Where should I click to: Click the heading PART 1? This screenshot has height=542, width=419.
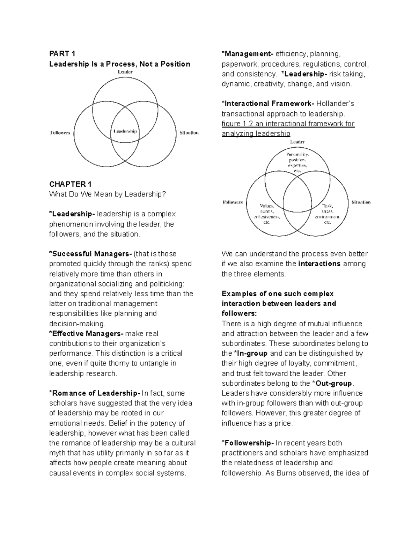[62, 54]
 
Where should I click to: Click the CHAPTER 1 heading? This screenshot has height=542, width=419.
[70, 184]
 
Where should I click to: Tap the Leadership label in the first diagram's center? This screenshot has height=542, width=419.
[125, 132]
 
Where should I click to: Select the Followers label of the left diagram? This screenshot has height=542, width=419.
[60, 133]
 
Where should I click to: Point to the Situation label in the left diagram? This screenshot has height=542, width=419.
[189, 133]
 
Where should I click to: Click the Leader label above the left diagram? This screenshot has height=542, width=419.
[125, 72]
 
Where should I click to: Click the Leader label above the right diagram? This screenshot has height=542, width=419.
[297, 142]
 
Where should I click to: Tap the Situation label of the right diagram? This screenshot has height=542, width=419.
[361, 202]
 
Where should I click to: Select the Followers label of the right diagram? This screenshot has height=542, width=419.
[233, 202]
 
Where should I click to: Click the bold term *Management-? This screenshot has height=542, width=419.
[247, 54]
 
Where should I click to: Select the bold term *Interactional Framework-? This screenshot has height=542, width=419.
[268, 104]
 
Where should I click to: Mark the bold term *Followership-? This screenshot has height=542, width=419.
[248, 443]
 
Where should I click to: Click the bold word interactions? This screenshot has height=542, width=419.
[319, 264]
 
